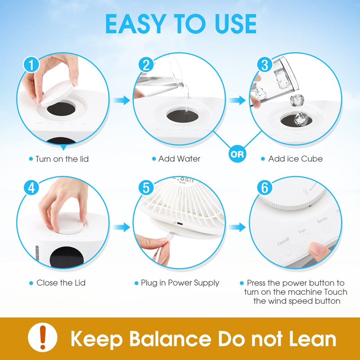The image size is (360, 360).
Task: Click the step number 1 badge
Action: [31, 64]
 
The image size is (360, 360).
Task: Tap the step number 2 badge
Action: [146, 64]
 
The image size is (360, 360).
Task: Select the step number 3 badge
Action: [265, 64]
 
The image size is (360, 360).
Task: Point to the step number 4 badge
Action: [31, 188]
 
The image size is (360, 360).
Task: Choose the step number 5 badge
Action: [146, 188]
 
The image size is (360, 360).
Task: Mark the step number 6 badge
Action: [265, 188]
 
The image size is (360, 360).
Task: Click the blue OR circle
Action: [238, 154]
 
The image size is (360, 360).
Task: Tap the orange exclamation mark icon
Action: [43, 337]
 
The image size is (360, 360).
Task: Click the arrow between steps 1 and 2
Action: [121, 100]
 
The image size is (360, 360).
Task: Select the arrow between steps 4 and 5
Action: [121, 227]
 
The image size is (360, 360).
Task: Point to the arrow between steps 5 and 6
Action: [238, 227]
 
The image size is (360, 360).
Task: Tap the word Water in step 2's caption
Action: [189, 159]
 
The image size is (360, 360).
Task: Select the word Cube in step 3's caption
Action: [312, 159]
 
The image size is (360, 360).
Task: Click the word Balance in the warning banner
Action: [170, 339]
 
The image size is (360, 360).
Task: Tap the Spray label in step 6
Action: [322, 220]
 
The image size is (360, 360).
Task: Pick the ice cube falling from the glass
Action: [297, 100]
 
